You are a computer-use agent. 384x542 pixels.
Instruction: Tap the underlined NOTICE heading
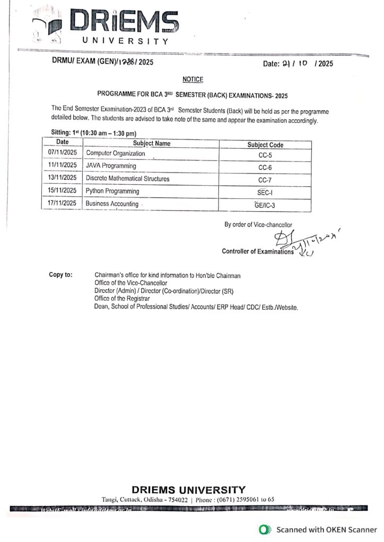coord(193,79)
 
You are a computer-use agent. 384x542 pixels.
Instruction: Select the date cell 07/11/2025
coord(63,153)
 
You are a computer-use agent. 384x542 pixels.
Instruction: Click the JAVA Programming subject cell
coord(111,166)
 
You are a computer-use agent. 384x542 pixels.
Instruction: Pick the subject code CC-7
coord(265,179)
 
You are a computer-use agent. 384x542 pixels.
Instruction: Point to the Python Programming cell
coord(112,191)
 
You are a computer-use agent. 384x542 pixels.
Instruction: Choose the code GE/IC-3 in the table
coord(265,204)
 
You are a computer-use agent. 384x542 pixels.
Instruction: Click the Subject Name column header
coord(152,143)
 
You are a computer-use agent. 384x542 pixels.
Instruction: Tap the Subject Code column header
coord(265,144)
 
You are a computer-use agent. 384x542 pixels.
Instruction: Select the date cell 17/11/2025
coord(63,203)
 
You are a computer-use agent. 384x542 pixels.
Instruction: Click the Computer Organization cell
coord(116,153)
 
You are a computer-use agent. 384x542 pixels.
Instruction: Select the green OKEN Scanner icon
coord(264,529)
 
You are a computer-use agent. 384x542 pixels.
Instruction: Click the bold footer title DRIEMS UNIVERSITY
coord(188,490)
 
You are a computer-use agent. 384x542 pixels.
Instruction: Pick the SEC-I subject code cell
coord(265,192)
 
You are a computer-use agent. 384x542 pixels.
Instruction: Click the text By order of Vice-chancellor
coord(258,224)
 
